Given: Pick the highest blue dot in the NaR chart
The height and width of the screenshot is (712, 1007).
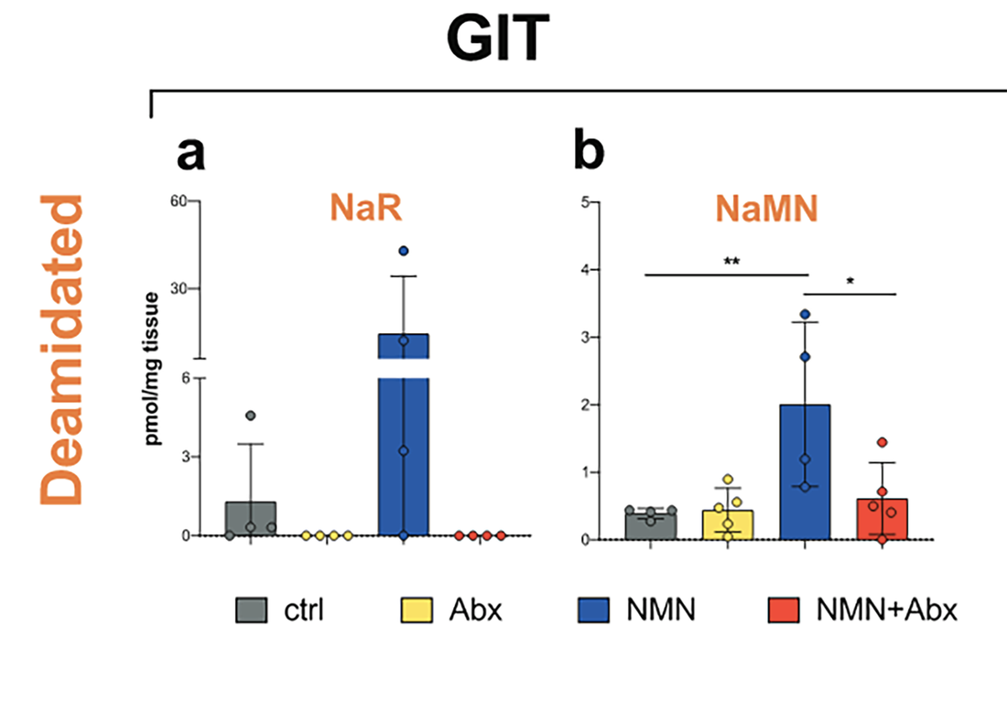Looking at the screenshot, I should pyautogui.click(x=404, y=251).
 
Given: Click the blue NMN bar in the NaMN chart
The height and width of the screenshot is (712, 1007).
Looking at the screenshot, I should pyautogui.click(x=805, y=471).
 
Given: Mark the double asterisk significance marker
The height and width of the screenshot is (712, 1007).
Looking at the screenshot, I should pyautogui.click(x=731, y=262).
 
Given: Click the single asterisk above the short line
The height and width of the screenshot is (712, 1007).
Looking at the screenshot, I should pyautogui.click(x=850, y=282).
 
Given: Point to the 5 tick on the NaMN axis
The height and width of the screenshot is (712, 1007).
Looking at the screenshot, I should pyautogui.click(x=580, y=201).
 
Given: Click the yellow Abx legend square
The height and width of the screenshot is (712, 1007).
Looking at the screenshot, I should pyautogui.click(x=415, y=608).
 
